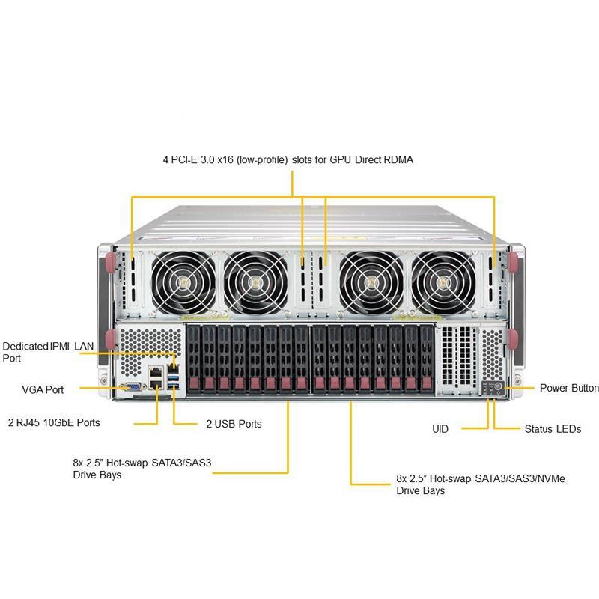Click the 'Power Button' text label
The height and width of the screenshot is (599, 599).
(x=569, y=388)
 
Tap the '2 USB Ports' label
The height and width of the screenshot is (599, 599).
(x=234, y=424)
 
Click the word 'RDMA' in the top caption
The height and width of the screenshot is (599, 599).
(x=397, y=159)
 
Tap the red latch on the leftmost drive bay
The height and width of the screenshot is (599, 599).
(x=194, y=383)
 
